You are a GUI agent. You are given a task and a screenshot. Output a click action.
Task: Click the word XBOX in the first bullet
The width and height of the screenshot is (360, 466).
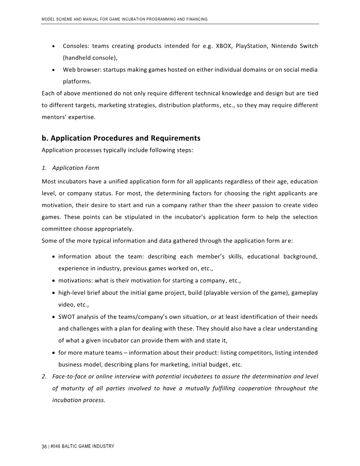[224, 46]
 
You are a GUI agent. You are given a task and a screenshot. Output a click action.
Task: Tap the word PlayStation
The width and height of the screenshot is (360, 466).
[252, 46]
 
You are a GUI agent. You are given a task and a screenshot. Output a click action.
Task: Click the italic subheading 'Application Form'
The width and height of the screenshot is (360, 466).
[76, 168]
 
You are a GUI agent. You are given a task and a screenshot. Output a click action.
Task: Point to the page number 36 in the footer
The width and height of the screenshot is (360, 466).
[44, 446]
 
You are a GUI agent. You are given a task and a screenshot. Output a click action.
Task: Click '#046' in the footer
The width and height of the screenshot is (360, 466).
[56, 446]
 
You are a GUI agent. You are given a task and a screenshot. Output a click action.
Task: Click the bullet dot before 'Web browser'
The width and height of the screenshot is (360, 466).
[54, 70]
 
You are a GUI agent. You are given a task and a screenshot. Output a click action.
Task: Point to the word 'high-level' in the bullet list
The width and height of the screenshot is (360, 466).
[72, 293]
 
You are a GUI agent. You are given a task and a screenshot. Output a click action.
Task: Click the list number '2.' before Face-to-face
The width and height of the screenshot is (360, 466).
[44, 376]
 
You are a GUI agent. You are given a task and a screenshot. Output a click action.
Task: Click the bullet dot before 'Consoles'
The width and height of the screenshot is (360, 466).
[54, 46]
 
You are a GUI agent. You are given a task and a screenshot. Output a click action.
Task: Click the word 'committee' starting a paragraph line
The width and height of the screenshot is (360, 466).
[56, 229]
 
